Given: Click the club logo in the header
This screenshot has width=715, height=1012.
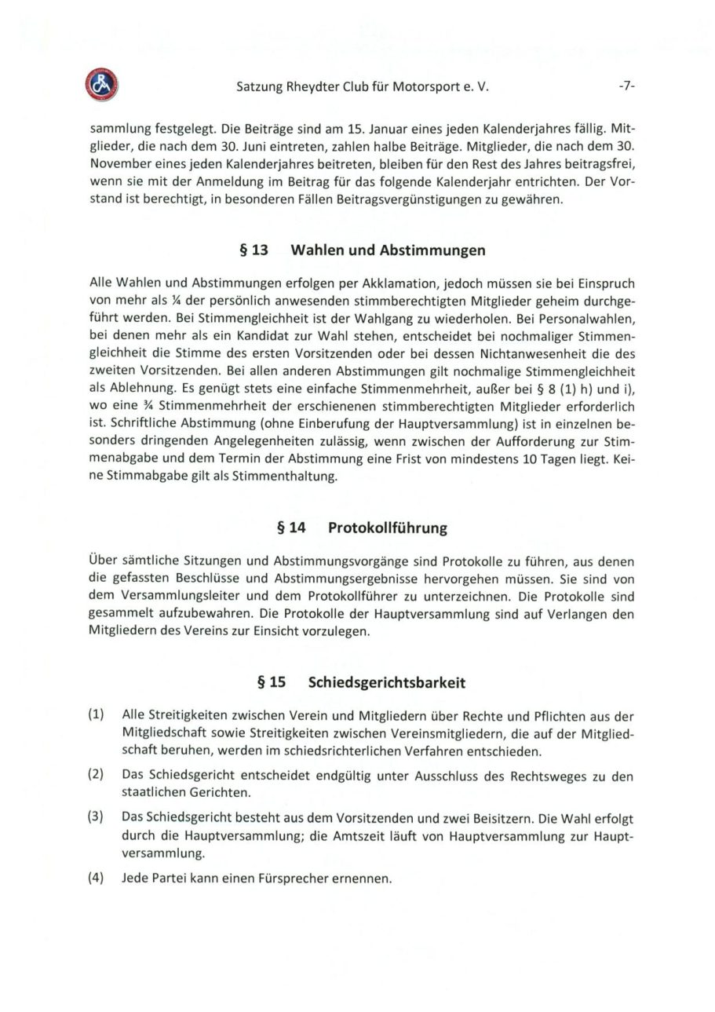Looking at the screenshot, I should (x=101, y=85).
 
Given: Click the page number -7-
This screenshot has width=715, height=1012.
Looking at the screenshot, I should (x=626, y=87).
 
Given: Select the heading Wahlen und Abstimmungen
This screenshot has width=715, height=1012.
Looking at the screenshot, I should (x=388, y=250).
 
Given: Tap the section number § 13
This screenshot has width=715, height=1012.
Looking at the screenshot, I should (x=254, y=250).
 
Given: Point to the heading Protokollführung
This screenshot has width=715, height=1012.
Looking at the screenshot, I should (x=387, y=528).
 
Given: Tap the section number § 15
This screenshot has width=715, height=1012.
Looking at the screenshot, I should (x=272, y=682).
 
